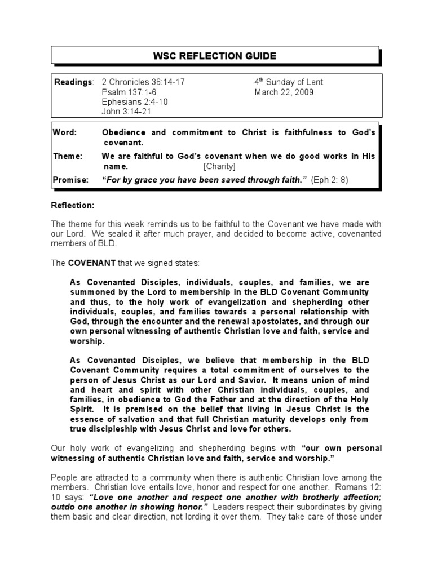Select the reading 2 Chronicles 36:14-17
(143, 82)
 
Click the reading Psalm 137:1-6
(130, 92)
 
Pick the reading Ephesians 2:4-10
(134, 102)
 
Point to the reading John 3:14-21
(127, 112)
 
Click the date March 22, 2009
(284, 92)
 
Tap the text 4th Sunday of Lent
(289, 82)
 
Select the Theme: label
(68, 156)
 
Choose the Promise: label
(70, 180)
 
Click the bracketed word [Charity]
(219, 167)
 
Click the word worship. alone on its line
(87, 342)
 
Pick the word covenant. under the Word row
(122, 143)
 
